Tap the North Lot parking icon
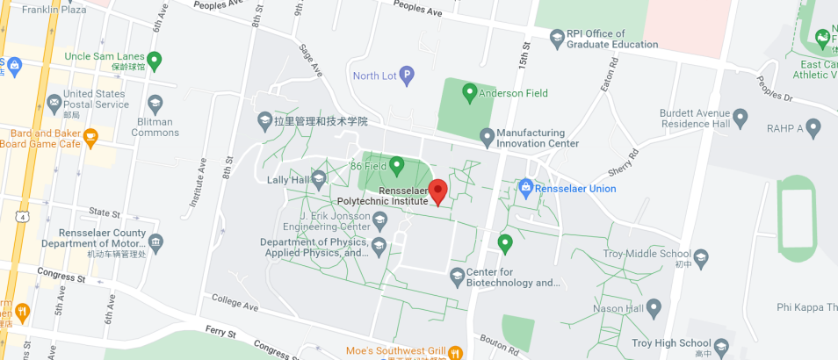[x=407, y=76]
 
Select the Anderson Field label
[x=513, y=92]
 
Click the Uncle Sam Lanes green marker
[x=155, y=61]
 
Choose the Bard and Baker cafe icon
[x=90, y=138]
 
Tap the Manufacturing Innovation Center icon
[x=487, y=135]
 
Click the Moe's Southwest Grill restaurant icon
[x=455, y=352]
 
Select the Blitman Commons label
[x=155, y=127]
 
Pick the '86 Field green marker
[x=396, y=164]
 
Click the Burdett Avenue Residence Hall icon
[x=740, y=116]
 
